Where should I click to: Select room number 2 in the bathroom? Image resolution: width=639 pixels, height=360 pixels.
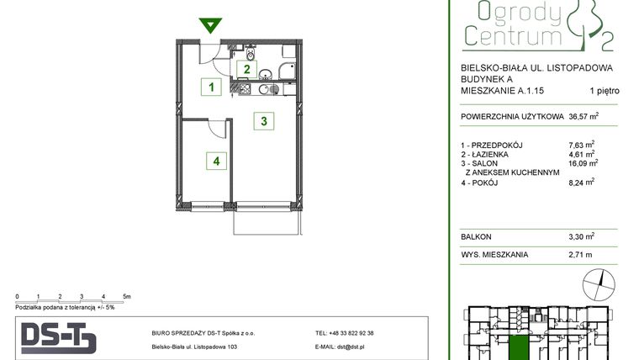click(247, 70)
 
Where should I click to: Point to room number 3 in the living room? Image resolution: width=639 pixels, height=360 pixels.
click(264, 121)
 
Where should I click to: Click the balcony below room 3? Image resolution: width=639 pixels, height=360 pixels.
click(265, 221)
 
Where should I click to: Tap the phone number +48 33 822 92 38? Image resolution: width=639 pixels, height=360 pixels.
click(344, 333)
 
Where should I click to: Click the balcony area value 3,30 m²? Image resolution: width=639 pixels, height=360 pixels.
click(581, 237)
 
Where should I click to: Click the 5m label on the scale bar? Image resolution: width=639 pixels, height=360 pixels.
click(126, 297)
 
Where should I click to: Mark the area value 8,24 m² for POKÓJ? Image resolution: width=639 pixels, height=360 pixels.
click(581, 181)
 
